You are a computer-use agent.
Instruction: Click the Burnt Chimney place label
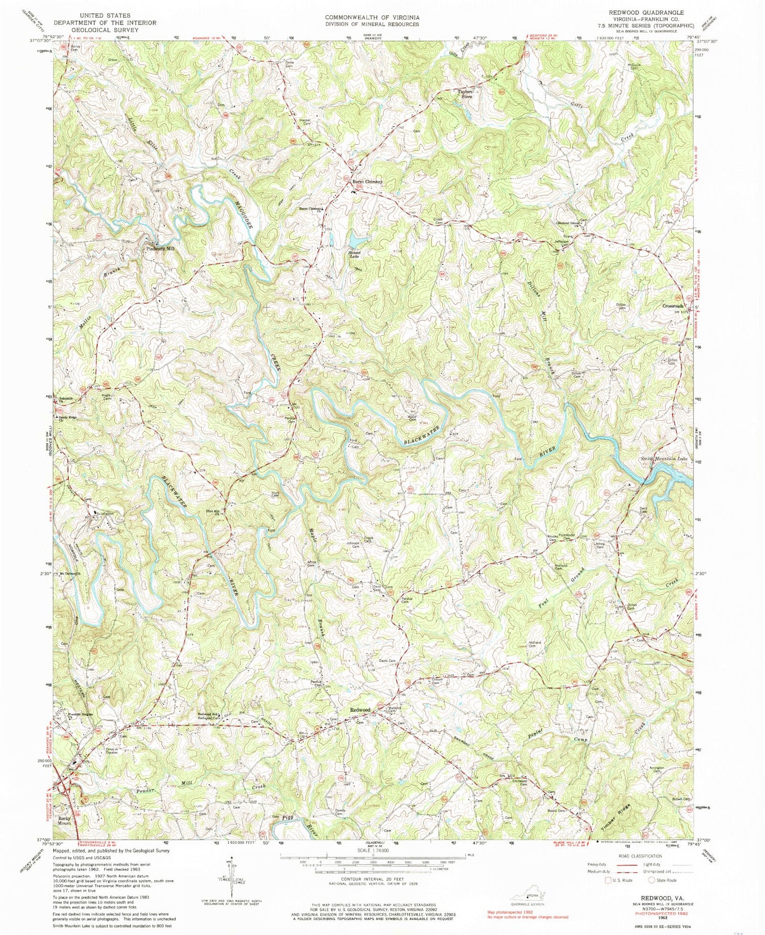pos(366,182)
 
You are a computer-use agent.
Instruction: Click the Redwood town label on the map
pos(360,710)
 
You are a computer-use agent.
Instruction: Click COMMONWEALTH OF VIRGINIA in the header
pos(372,17)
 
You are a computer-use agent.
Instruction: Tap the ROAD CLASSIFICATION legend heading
pos(648,856)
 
